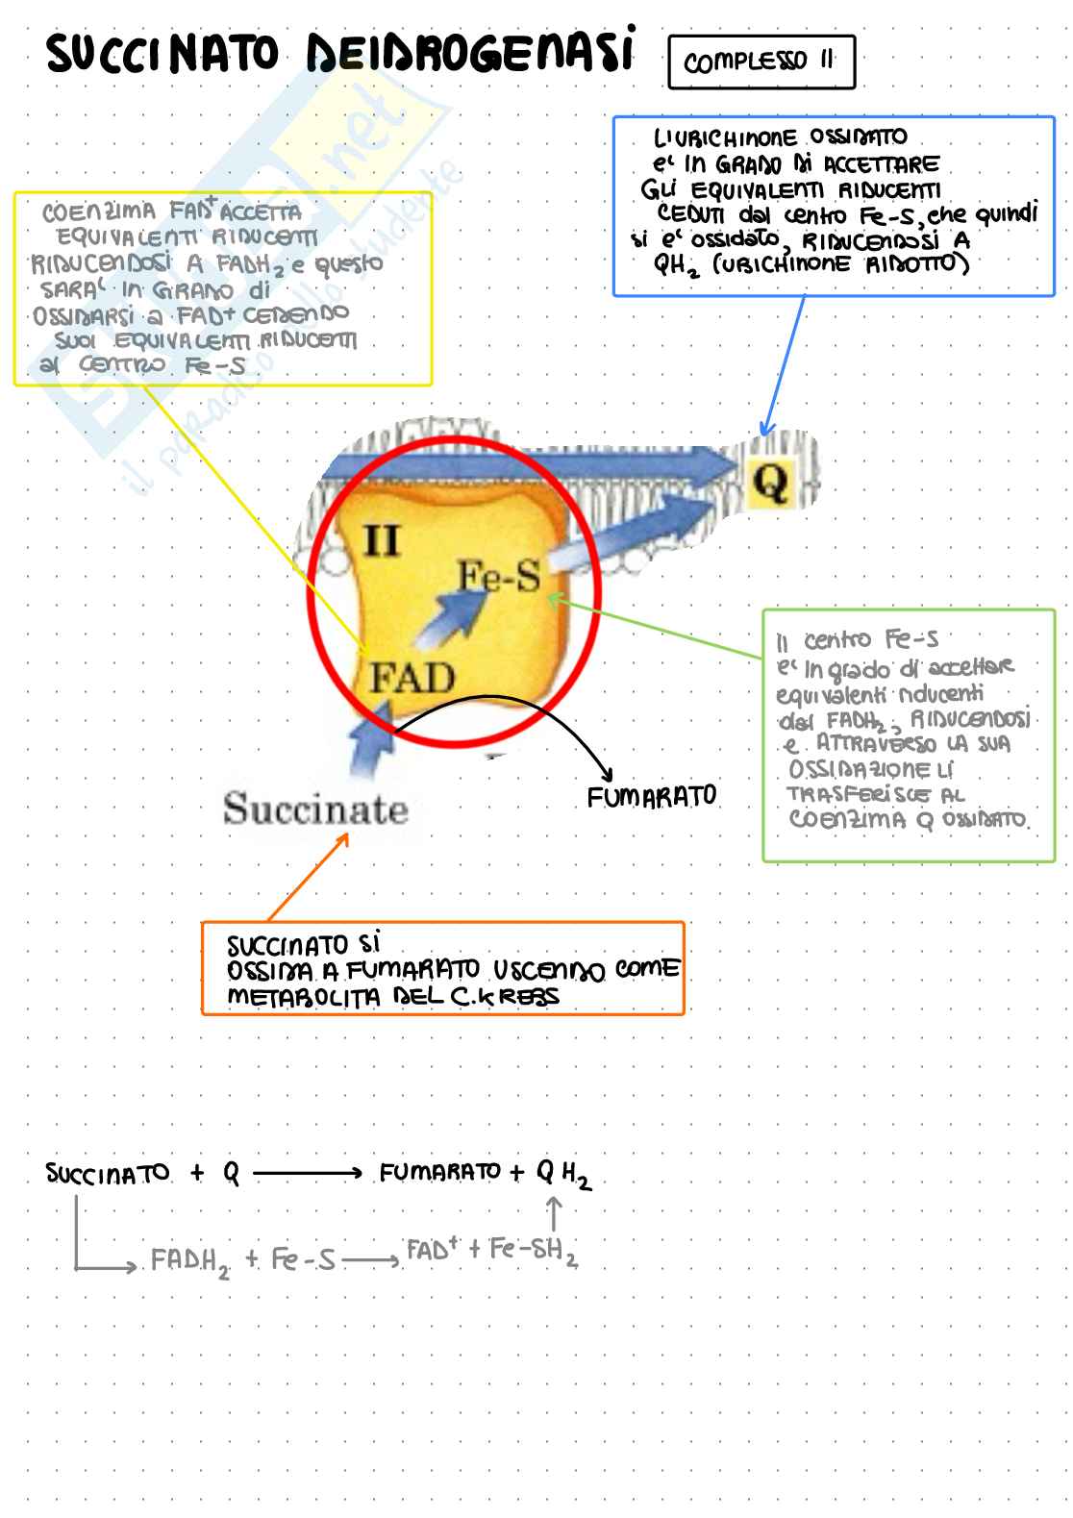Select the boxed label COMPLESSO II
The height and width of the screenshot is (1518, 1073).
[761, 62]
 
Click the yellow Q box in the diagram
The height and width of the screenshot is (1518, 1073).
[770, 483]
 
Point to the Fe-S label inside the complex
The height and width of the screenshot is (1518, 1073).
[498, 576]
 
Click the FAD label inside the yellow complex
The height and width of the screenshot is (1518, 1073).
[412, 679]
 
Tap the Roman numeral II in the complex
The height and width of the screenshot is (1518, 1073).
[382, 543]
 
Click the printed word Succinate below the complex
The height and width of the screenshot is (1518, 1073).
[315, 809]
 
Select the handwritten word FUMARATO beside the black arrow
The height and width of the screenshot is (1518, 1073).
[652, 797]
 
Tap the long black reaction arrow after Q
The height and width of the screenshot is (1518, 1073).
[307, 1173]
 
